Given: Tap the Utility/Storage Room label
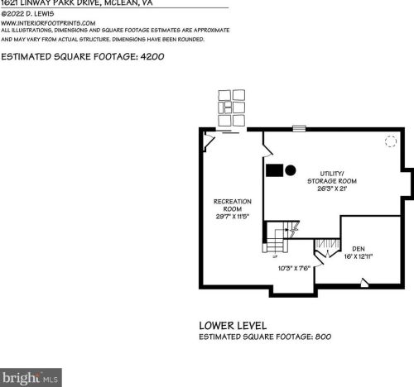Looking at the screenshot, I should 308,176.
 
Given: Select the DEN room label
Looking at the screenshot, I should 358,248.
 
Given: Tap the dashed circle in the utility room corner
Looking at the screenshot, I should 390,141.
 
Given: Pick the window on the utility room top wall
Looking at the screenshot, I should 299,128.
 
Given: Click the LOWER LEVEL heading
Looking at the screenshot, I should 232,325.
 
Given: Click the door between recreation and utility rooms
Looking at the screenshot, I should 266,151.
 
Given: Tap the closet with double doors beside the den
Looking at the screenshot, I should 326,246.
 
